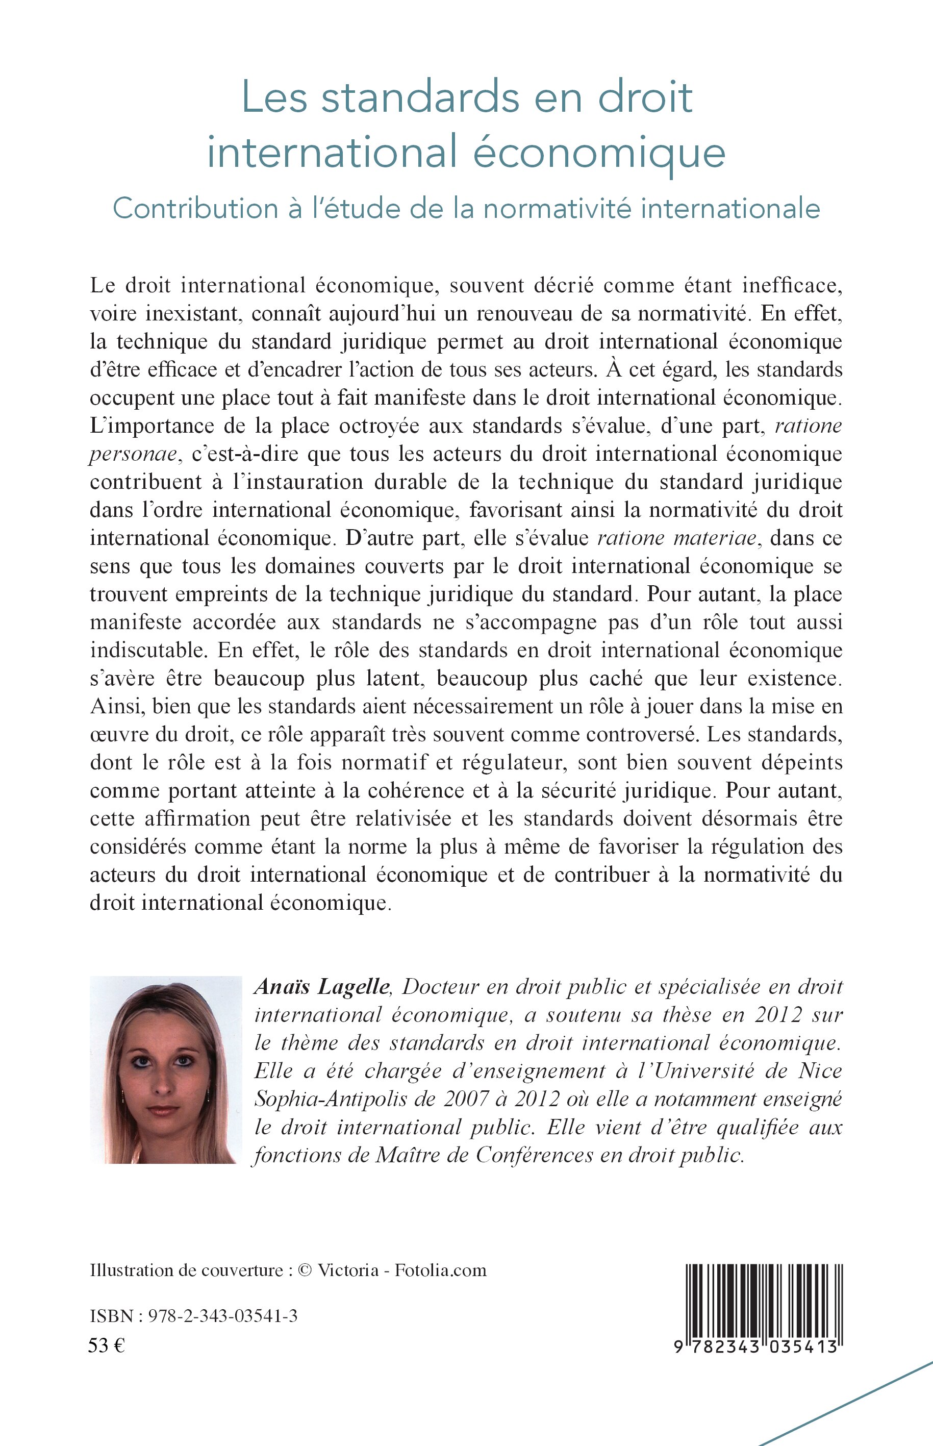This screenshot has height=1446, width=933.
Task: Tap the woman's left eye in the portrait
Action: tap(181, 1062)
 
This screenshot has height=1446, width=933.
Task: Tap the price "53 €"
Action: tap(107, 1345)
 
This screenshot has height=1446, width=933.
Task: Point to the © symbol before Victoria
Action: tap(306, 1270)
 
